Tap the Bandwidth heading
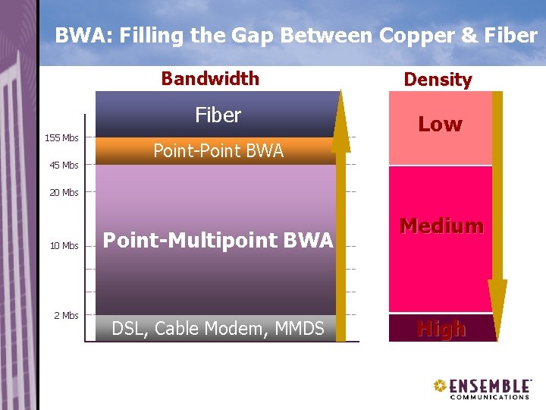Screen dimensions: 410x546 tap(210, 78)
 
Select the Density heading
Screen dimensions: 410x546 tap(438, 79)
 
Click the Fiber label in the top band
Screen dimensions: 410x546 tap(218, 115)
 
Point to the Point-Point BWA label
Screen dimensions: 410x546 tap(218, 151)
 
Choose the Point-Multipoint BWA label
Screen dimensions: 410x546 tap(218, 241)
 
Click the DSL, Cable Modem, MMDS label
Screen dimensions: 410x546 tap(218, 329)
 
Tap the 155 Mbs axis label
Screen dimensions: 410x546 tap(61, 138)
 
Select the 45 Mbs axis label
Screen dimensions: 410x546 tap(64, 165)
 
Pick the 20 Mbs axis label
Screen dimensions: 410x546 tap(64, 192)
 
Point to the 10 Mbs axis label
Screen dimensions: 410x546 tap(64, 245)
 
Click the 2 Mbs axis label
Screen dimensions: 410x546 tap(66, 315)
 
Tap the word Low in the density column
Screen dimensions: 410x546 tap(440, 125)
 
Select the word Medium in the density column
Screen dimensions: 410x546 tap(441, 225)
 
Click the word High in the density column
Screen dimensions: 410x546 tap(441, 329)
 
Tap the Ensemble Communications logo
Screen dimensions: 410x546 tap(482, 387)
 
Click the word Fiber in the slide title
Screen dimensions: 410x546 tap(510, 35)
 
